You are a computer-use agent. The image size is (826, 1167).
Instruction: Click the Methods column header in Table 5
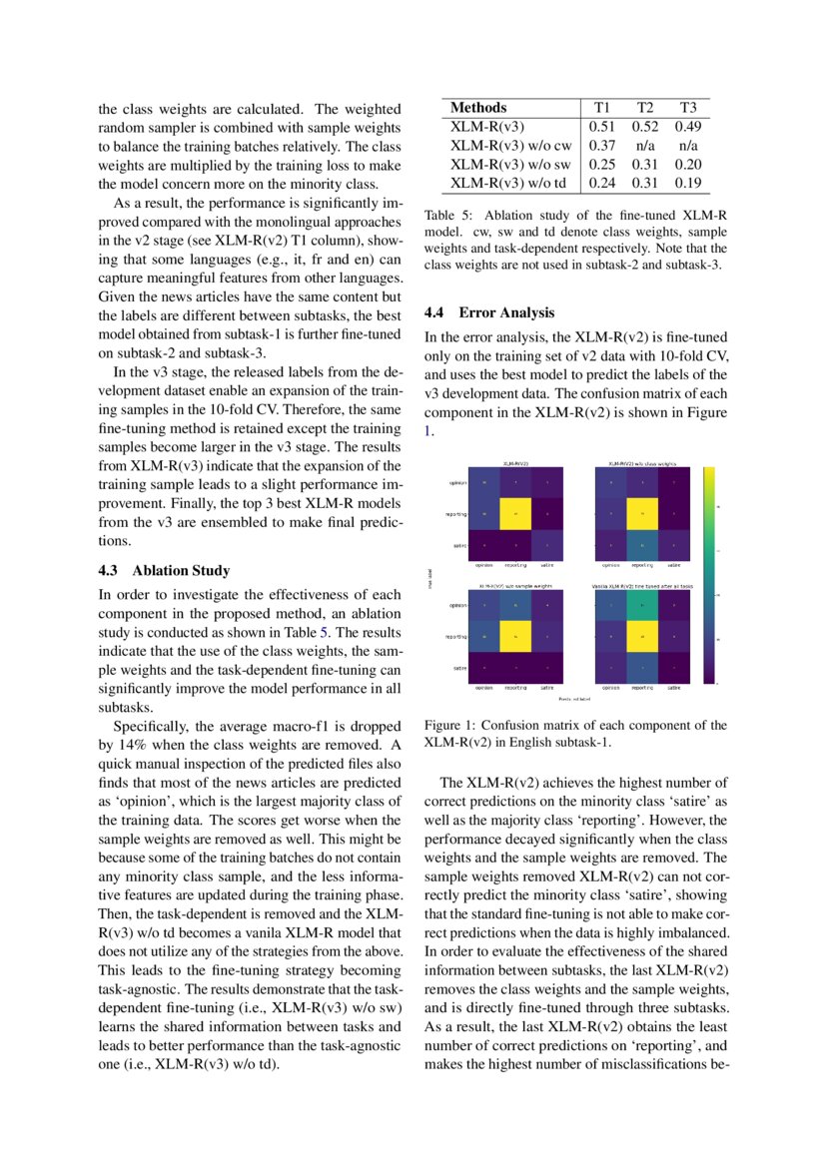pyautogui.click(x=478, y=108)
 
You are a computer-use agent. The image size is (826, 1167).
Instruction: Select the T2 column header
pyautogui.click(x=644, y=108)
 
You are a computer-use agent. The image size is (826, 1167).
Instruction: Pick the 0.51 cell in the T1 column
pyautogui.click(x=601, y=127)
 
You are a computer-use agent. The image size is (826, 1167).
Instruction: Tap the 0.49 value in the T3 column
pyautogui.click(x=687, y=127)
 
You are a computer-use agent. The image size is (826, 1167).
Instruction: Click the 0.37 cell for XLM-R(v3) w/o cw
pyautogui.click(x=601, y=146)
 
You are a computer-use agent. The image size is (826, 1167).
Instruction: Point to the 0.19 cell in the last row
pyautogui.click(x=687, y=184)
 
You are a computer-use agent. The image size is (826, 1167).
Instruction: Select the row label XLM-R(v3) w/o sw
pyautogui.click(x=510, y=165)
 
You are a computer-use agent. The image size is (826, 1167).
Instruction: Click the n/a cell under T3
pyautogui.click(x=687, y=146)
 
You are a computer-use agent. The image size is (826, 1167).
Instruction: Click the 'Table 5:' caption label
pyautogui.click(x=446, y=216)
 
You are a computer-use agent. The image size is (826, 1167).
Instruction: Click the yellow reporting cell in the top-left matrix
pyautogui.click(x=516, y=514)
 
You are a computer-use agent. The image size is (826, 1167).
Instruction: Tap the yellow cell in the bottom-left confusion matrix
pyautogui.click(x=516, y=635)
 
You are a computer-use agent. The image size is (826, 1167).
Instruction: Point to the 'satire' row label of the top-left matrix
pyautogui.click(x=460, y=544)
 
